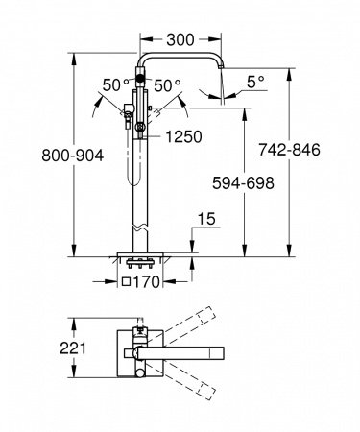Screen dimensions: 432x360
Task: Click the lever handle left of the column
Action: coord(125,113)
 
